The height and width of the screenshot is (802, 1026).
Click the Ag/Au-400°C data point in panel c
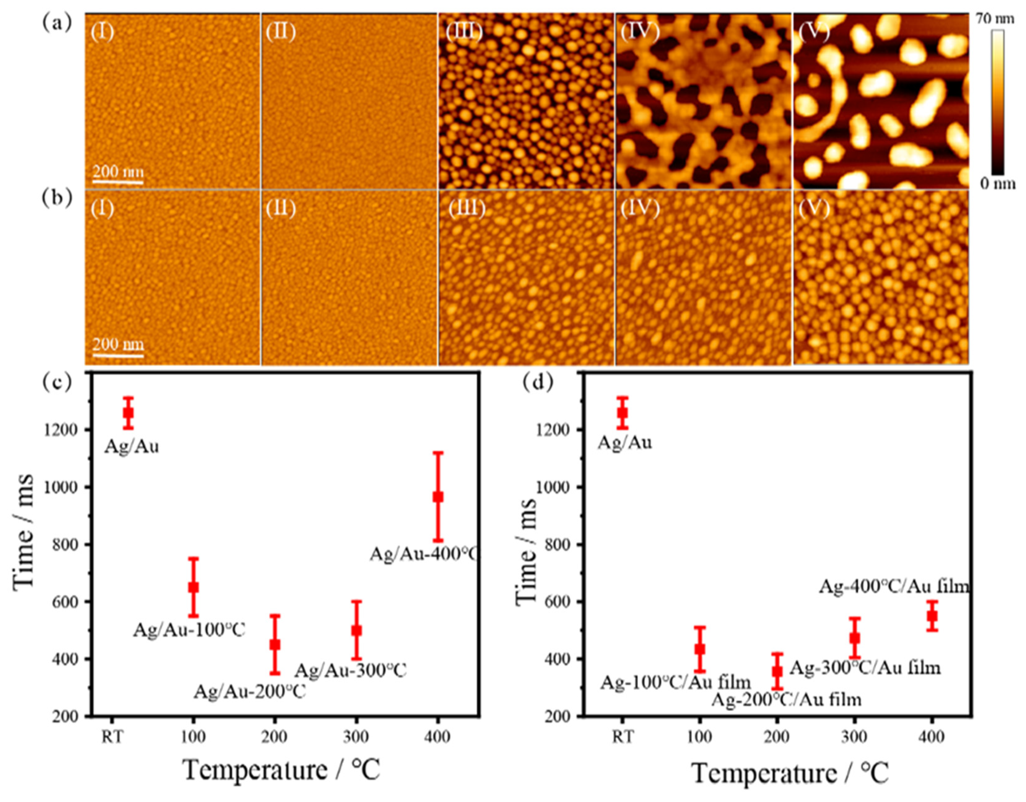[438, 497]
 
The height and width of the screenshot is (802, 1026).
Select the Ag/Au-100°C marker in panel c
[193, 587]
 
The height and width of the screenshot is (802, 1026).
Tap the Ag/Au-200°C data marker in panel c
[275, 645]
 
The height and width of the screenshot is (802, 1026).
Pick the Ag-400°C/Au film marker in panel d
[932, 616]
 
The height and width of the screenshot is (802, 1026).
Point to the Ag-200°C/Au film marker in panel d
[777, 671]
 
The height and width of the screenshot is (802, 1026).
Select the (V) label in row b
[814, 208]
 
